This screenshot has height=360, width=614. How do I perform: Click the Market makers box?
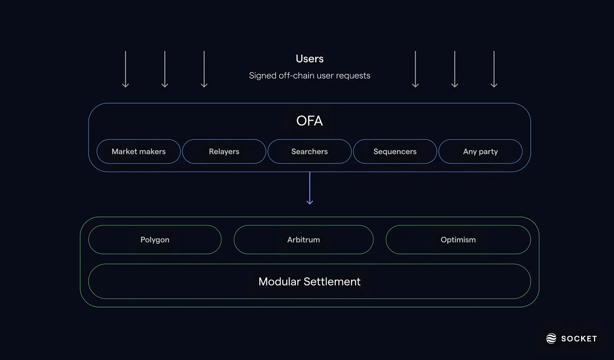pos(139,151)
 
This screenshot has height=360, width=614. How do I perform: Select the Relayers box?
pos(224,151)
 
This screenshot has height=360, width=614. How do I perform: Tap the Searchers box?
pos(310,151)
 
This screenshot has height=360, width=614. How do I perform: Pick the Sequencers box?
pos(395,151)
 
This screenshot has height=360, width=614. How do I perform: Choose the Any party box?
pos(480,151)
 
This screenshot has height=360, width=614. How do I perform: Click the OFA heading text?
pos(310,121)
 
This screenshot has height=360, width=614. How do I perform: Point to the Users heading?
pos(310,59)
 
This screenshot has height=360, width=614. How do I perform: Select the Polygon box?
pos(155,239)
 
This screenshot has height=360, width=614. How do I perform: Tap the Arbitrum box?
pos(303,239)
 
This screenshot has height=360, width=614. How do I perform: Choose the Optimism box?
pos(458,239)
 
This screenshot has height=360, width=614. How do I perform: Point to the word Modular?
pos(279,281)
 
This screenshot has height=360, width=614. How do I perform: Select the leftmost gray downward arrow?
pos(125,69)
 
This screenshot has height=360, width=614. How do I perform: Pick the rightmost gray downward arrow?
pos(494,69)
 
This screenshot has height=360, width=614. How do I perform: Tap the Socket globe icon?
pos(551,339)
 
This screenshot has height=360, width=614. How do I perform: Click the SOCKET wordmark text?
pos(579,339)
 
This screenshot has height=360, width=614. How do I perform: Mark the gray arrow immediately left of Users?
pos(204,69)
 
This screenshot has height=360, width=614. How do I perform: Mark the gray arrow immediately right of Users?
pos(415,69)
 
